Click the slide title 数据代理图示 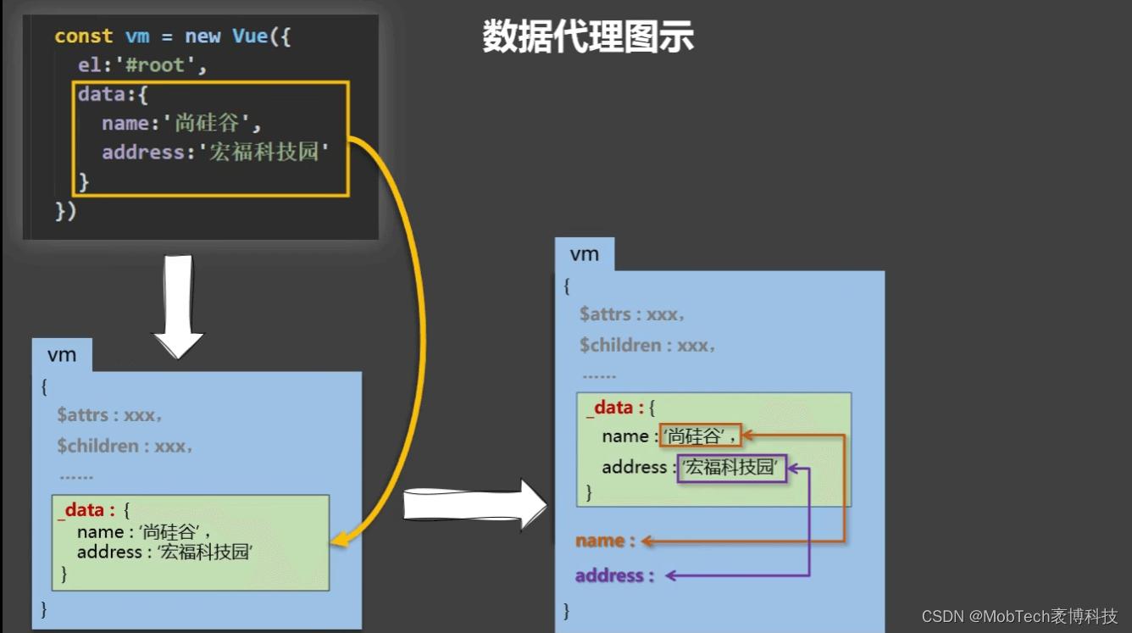click(588, 37)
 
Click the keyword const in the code click(83, 36)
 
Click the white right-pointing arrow click(474, 505)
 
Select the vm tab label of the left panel click(62, 355)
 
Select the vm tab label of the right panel click(584, 254)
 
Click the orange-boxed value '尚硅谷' click(701, 436)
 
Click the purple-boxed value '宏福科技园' click(731, 467)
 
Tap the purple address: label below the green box click(614, 575)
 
